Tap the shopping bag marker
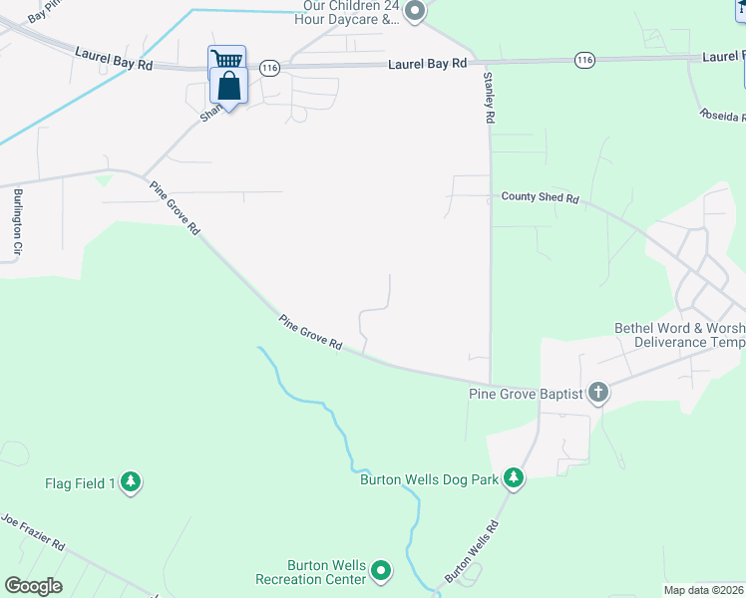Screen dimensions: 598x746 228,88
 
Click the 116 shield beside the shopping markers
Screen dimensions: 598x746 268,67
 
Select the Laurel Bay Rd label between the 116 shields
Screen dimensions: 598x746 427,64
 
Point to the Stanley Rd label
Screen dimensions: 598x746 490,98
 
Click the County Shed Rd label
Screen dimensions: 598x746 540,197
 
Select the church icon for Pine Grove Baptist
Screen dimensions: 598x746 597,393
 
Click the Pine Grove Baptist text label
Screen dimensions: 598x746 526,395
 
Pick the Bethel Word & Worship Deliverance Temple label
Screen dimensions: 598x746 680,335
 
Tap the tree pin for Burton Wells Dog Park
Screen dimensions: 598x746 514,478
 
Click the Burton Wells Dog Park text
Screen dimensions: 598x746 429,479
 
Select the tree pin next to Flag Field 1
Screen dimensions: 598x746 131,483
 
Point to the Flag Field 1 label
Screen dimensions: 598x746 80,484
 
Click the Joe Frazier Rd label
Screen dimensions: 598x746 33,533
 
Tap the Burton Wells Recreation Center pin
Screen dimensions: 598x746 381,571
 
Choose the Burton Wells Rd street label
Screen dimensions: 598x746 471,551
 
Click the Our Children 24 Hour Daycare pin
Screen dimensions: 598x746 416,12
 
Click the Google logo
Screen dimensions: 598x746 33,586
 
